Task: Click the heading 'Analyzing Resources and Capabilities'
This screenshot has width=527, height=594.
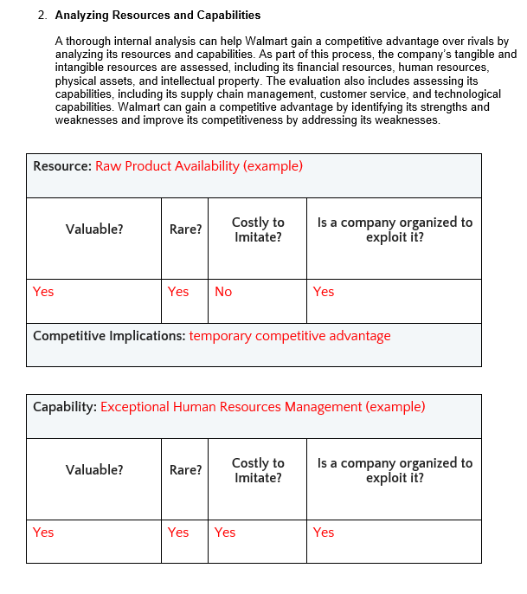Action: click(157, 16)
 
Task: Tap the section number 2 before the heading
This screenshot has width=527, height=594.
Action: click(42, 16)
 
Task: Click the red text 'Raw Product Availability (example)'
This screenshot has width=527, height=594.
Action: click(199, 166)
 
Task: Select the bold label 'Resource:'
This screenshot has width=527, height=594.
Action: click(62, 166)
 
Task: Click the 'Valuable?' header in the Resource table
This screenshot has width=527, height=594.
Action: click(93, 229)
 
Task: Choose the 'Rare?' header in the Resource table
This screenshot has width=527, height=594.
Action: click(185, 229)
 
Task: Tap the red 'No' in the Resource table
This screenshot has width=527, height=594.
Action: click(223, 292)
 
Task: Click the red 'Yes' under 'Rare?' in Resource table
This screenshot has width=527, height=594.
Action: click(178, 292)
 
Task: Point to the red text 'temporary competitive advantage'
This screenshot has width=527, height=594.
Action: click(290, 336)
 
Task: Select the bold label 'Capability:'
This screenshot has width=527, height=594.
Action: click(65, 407)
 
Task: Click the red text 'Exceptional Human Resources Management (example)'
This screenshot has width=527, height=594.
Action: click(263, 407)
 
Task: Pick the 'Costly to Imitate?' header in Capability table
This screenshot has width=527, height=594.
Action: click(258, 470)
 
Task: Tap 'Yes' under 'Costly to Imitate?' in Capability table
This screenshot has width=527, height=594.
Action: click(225, 533)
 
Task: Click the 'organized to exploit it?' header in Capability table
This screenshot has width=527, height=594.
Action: click(395, 470)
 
